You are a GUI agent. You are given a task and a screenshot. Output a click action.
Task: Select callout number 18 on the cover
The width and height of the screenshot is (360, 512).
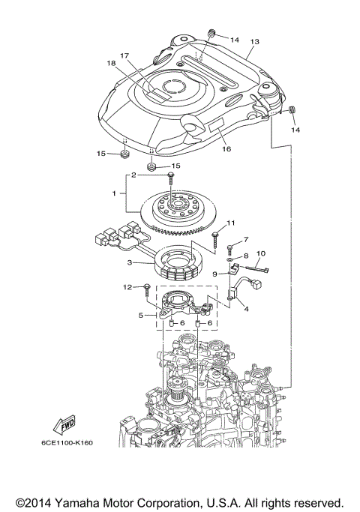click(x=112, y=64)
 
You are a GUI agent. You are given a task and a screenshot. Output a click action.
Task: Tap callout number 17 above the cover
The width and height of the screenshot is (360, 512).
click(x=124, y=55)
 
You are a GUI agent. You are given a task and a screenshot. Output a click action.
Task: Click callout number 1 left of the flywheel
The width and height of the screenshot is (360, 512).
click(x=113, y=193)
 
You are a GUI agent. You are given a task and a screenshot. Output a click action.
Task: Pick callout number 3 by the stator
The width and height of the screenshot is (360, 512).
click(x=129, y=262)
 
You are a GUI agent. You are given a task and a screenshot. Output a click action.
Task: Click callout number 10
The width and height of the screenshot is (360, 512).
click(x=261, y=253)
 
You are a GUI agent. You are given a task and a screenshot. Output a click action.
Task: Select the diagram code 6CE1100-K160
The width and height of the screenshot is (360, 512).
click(x=67, y=442)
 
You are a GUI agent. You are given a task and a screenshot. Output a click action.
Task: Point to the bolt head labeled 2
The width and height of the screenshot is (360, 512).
click(x=172, y=175)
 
